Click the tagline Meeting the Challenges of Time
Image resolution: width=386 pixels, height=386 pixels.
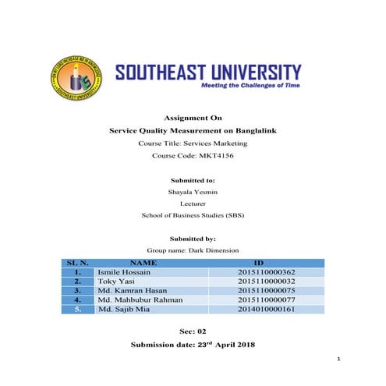tap(250, 84)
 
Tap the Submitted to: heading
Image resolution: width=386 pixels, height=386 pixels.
tap(193, 175)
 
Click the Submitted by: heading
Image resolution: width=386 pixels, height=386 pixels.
tap(193, 238)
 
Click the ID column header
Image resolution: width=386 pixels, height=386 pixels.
tap(259, 263)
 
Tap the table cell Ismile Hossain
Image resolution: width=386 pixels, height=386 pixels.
tap(126, 272)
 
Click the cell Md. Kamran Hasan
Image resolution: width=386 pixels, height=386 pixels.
tap(132, 290)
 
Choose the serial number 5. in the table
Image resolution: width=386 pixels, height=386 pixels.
tap(78, 309)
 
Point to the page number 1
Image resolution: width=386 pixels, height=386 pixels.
tap(340, 359)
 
